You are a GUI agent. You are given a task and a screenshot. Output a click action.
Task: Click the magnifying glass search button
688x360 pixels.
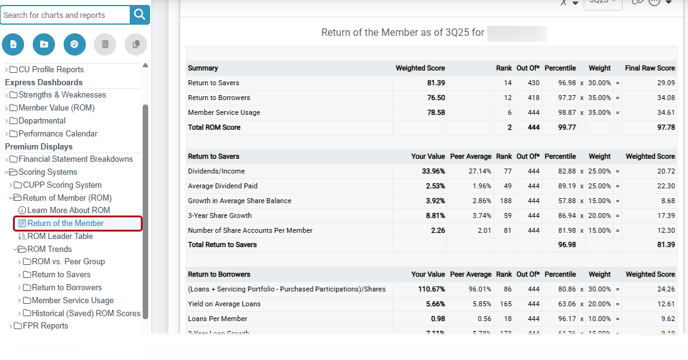click(140, 15)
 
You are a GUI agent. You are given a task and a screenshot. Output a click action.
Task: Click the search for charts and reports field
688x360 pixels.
click(65, 15)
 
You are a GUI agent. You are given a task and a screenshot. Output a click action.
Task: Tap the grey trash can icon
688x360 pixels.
click(105, 44)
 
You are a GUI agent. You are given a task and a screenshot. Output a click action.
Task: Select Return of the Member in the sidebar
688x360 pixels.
click(65, 224)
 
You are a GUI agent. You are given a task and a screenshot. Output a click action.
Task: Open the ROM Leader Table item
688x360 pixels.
click(60, 237)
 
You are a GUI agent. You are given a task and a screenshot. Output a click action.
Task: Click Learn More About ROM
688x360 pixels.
click(69, 211)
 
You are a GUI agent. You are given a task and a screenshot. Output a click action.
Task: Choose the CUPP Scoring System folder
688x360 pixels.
click(62, 185)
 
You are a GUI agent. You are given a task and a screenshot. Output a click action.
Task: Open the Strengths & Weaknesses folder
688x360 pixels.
click(62, 95)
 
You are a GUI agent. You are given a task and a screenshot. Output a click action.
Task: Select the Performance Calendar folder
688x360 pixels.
click(57, 134)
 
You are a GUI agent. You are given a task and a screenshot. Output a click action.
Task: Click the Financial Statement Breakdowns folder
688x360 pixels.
click(75, 159)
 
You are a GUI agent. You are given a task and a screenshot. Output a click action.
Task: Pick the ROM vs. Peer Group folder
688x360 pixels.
click(68, 262)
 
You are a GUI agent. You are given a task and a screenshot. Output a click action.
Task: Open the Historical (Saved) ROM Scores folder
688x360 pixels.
click(86, 314)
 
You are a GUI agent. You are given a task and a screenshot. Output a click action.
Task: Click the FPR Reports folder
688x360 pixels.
click(45, 326)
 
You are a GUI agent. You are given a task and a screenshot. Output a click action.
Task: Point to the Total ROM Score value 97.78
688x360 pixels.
click(666, 128)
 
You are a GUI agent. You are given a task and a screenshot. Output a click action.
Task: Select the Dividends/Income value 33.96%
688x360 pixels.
click(433, 172)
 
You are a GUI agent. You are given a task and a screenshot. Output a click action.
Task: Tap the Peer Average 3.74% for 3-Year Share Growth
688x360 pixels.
click(479, 216)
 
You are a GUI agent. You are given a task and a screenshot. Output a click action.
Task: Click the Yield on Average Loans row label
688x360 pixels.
click(224, 304)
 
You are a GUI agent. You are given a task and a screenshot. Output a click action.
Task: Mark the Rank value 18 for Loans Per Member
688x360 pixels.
click(507, 319)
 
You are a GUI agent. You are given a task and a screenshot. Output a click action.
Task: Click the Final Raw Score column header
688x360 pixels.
click(650, 69)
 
